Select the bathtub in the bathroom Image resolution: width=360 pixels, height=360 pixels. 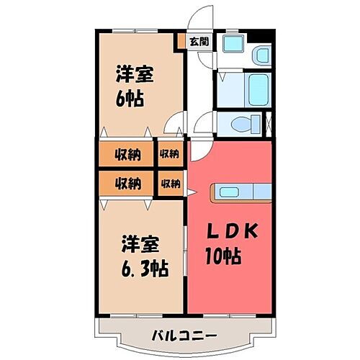(x=257, y=89)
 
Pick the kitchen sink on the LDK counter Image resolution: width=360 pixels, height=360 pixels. (x=233, y=192)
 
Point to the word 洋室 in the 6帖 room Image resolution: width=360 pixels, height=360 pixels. (x=135, y=74)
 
